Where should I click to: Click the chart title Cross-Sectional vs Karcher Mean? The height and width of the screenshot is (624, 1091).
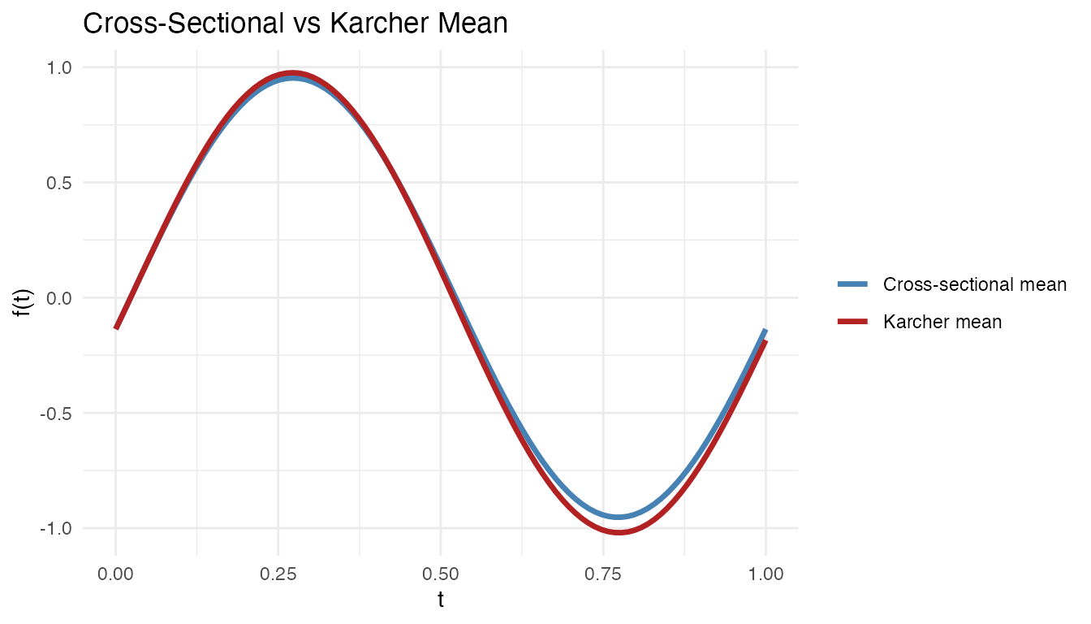295,24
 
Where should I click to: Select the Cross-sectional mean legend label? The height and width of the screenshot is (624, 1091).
974,284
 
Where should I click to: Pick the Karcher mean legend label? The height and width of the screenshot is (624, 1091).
942,322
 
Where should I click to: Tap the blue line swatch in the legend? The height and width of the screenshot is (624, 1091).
852,284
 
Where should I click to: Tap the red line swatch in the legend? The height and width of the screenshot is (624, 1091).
852,322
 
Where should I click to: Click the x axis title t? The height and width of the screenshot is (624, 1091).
441,600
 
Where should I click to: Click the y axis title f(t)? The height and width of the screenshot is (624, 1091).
27,298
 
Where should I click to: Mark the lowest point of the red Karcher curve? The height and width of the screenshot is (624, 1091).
619,532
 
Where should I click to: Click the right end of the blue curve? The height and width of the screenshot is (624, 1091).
765,331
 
